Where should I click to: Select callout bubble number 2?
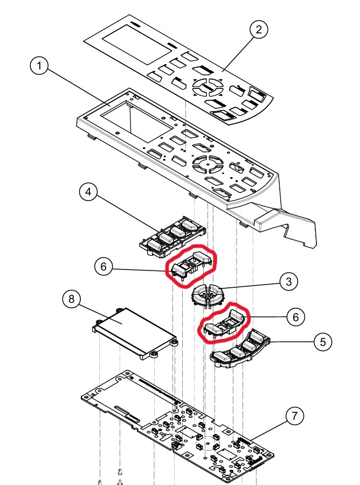point(259,30)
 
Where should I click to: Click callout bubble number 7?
point(294,415)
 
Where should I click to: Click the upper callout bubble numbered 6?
point(102,266)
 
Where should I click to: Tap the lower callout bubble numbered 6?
point(295,316)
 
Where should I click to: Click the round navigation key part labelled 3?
point(207,294)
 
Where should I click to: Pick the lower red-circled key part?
point(223,322)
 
